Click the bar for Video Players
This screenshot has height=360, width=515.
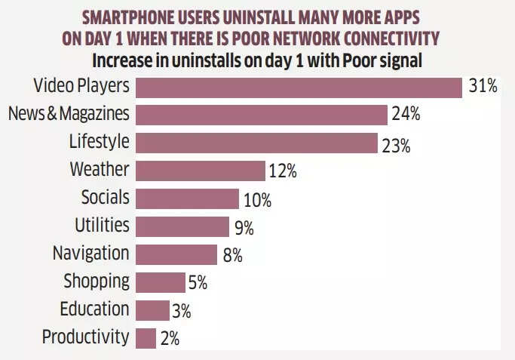(x=299, y=87)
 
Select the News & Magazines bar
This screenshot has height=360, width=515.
(x=262, y=115)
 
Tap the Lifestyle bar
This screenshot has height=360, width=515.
(x=256, y=143)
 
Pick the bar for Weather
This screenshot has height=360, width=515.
(x=201, y=171)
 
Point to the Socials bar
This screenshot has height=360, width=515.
(x=188, y=199)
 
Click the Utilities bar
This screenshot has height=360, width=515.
(x=182, y=226)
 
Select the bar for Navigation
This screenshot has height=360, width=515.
(x=176, y=254)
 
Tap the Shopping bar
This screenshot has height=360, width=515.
(x=161, y=282)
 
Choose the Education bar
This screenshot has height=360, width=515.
(x=153, y=310)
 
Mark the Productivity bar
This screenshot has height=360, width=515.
(x=146, y=337)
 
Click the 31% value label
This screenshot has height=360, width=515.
(x=483, y=87)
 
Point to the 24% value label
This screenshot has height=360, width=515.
(x=406, y=115)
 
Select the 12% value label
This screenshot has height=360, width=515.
(x=282, y=171)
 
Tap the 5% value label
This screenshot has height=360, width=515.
(x=198, y=283)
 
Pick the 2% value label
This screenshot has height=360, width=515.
(x=170, y=339)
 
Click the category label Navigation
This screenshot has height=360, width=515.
(x=90, y=254)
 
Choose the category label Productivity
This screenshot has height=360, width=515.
(x=85, y=337)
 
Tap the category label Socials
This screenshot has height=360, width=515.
(x=105, y=198)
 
